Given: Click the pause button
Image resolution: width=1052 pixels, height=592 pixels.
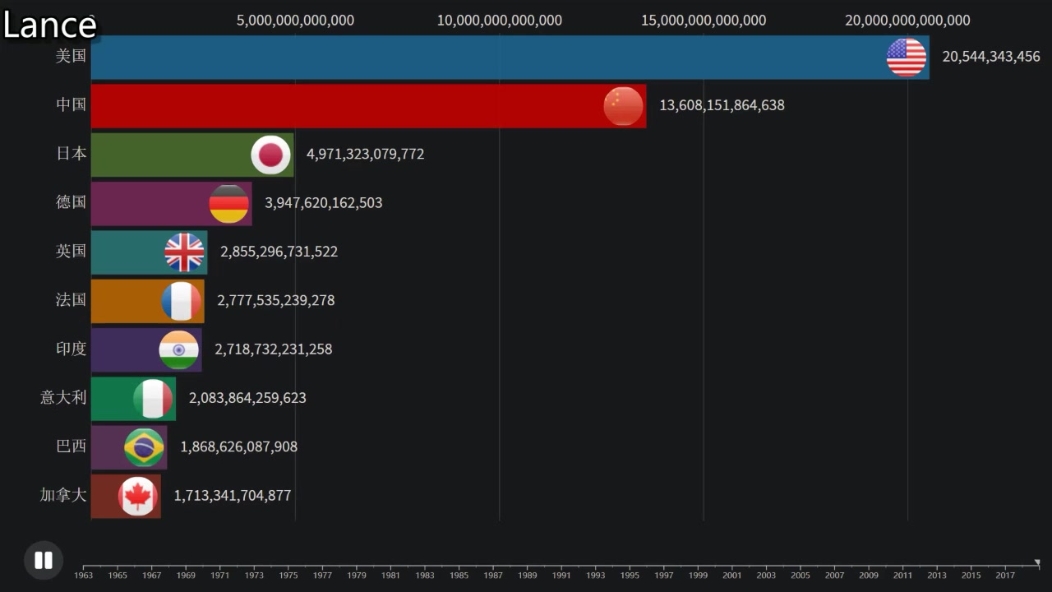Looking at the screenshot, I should (x=43, y=561).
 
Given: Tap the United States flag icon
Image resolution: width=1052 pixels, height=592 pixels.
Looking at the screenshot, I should (x=906, y=58).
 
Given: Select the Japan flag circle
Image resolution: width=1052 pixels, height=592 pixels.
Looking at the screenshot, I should (x=270, y=155).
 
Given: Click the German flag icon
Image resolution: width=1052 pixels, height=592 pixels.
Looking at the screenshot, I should (x=228, y=204).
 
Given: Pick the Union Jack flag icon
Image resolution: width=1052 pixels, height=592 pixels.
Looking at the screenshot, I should (x=184, y=252).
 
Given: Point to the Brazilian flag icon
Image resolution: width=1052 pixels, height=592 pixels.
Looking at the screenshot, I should (x=144, y=447).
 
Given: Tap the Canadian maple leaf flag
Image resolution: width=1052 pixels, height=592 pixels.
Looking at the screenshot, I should (x=137, y=497).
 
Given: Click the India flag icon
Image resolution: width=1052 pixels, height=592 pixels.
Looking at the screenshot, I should (x=178, y=350).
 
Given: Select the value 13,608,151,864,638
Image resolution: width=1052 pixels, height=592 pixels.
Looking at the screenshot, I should (x=722, y=105).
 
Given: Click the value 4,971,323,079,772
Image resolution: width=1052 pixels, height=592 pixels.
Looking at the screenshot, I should (x=365, y=154).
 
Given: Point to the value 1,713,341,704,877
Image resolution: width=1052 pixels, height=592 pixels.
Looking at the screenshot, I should (x=232, y=495).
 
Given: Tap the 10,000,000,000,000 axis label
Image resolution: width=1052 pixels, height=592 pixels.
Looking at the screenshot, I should (x=499, y=21).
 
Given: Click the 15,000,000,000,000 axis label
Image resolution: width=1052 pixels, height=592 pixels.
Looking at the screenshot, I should (x=703, y=21).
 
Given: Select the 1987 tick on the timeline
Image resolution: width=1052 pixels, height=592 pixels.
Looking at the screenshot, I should (x=493, y=575).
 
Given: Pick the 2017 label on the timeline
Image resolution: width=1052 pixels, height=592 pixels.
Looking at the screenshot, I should (x=1005, y=575).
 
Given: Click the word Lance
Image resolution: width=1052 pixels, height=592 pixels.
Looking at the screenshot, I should (x=49, y=25).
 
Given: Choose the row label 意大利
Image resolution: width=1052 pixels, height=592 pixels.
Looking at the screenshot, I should (x=63, y=398).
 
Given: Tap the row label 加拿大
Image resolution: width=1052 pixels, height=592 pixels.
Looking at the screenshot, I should (x=63, y=495).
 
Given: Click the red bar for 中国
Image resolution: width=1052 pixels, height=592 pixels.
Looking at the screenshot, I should (x=345, y=106).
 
